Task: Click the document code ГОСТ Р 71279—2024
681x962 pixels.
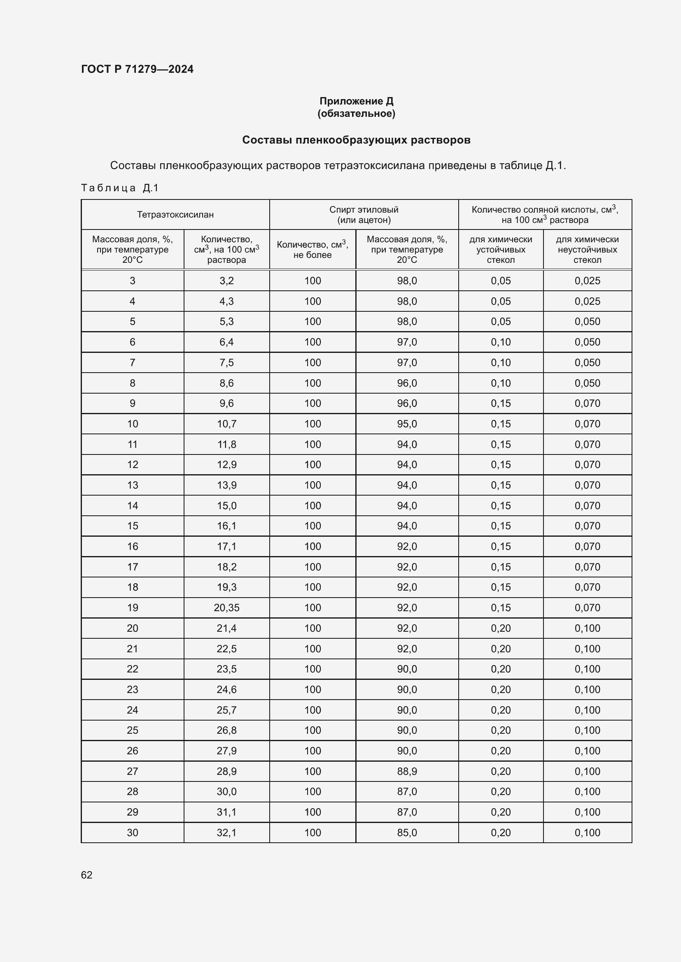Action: (137, 69)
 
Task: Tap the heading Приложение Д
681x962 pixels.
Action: (356, 101)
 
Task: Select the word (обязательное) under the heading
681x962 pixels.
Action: (356, 114)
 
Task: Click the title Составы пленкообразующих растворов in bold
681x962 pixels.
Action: (356, 140)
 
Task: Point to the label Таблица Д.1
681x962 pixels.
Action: (119, 188)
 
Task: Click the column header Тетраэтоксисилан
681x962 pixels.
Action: (175, 215)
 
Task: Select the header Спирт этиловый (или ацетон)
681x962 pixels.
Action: (364, 215)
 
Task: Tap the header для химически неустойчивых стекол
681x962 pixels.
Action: (587, 249)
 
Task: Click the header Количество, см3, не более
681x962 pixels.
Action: (312, 249)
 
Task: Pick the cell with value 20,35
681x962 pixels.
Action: (226, 607)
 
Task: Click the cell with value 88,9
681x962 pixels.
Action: (407, 771)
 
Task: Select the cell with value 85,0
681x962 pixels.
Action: (407, 832)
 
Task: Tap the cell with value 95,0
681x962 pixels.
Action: (407, 424)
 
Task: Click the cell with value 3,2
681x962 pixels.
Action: (226, 281)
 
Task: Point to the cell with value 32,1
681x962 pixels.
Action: (226, 832)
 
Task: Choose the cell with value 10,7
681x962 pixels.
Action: (226, 424)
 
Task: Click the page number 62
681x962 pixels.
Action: (86, 875)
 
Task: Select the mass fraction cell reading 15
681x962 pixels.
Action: (133, 526)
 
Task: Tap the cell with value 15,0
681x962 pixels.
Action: (226, 506)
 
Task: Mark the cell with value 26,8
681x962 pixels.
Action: (226, 730)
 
